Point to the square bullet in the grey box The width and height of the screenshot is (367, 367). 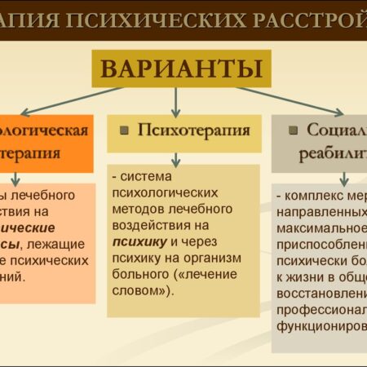pyautogui.click(x=291, y=130)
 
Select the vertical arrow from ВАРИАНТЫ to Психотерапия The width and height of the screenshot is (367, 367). pyautogui.click(x=176, y=100)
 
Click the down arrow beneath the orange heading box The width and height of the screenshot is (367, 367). pyautogui.click(x=15, y=179)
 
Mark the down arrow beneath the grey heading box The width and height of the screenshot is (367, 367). pyautogui.click(x=343, y=178)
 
